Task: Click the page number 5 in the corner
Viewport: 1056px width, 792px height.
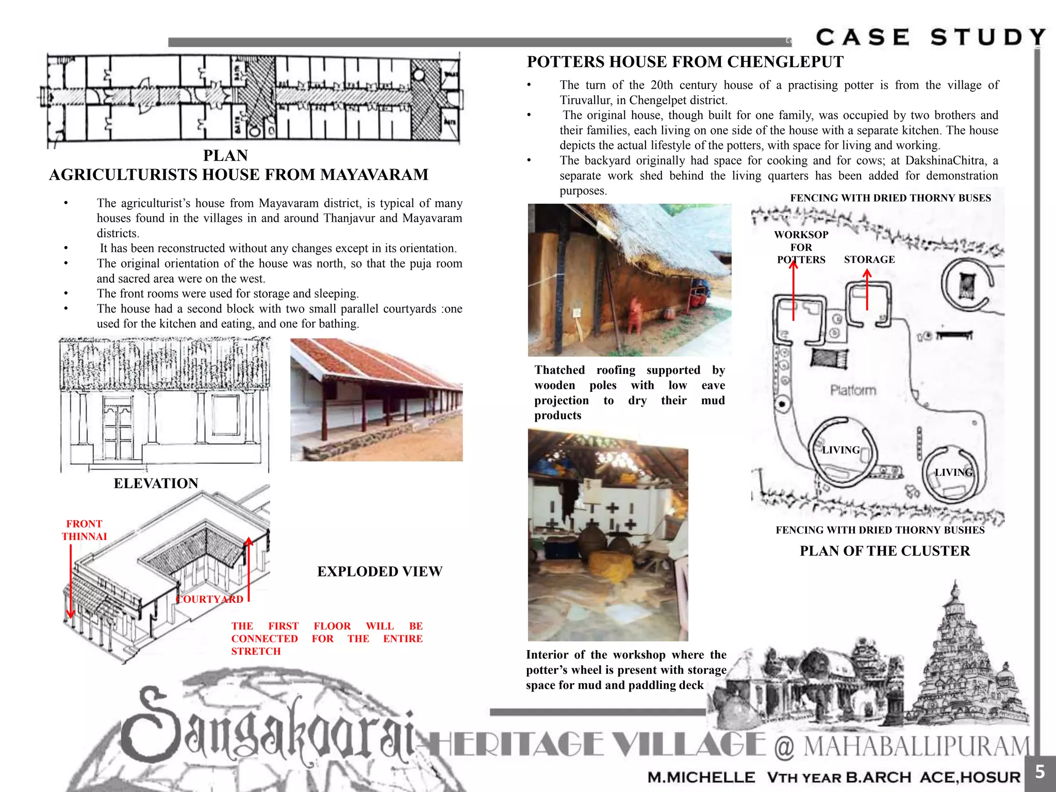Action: [x=1039, y=772]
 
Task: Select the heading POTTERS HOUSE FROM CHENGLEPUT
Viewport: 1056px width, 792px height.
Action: [x=685, y=62]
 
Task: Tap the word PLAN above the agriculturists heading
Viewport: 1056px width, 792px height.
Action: [x=225, y=155]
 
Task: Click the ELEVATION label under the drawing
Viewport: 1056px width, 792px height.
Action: [x=156, y=483]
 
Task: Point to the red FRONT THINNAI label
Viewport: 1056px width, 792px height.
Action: [x=84, y=530]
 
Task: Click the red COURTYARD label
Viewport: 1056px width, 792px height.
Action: [x=209, y=599]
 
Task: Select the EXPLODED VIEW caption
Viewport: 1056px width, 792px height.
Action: [x=379, y=571]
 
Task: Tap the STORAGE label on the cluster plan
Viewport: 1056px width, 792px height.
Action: [x=869, y=259]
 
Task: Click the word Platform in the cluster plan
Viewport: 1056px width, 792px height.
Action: [x=853, y=390]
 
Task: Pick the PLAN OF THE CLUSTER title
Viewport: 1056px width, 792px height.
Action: [x=884, y=551]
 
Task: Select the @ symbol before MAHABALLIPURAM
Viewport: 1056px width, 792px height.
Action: [x=784, y=747]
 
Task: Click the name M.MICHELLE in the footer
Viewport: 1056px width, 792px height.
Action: [x=701, y=777]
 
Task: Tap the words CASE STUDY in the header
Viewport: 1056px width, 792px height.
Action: [x=931, y=37]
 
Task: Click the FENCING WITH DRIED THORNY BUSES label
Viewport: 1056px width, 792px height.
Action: [x=890, y=198]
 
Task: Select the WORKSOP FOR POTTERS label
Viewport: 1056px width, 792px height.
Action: [x=801, y=247]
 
